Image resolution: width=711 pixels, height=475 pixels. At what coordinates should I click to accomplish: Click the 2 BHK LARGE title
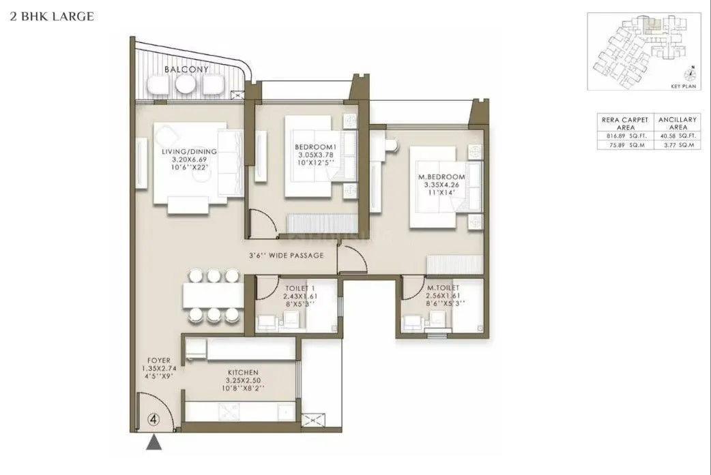coord(51,16)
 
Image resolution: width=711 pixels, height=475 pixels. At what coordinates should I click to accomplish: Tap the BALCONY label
coord(186,70)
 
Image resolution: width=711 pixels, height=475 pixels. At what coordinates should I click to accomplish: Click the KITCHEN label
coord(242,372)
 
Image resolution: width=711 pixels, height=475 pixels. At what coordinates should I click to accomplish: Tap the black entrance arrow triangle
coord(155,444)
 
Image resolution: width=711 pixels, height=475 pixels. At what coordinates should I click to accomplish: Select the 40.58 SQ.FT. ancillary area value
coord(678,136)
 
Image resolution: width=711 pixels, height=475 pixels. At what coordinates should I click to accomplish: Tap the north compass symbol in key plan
coord(691,74)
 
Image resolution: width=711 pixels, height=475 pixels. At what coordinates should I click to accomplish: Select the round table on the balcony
coord(185,84)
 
